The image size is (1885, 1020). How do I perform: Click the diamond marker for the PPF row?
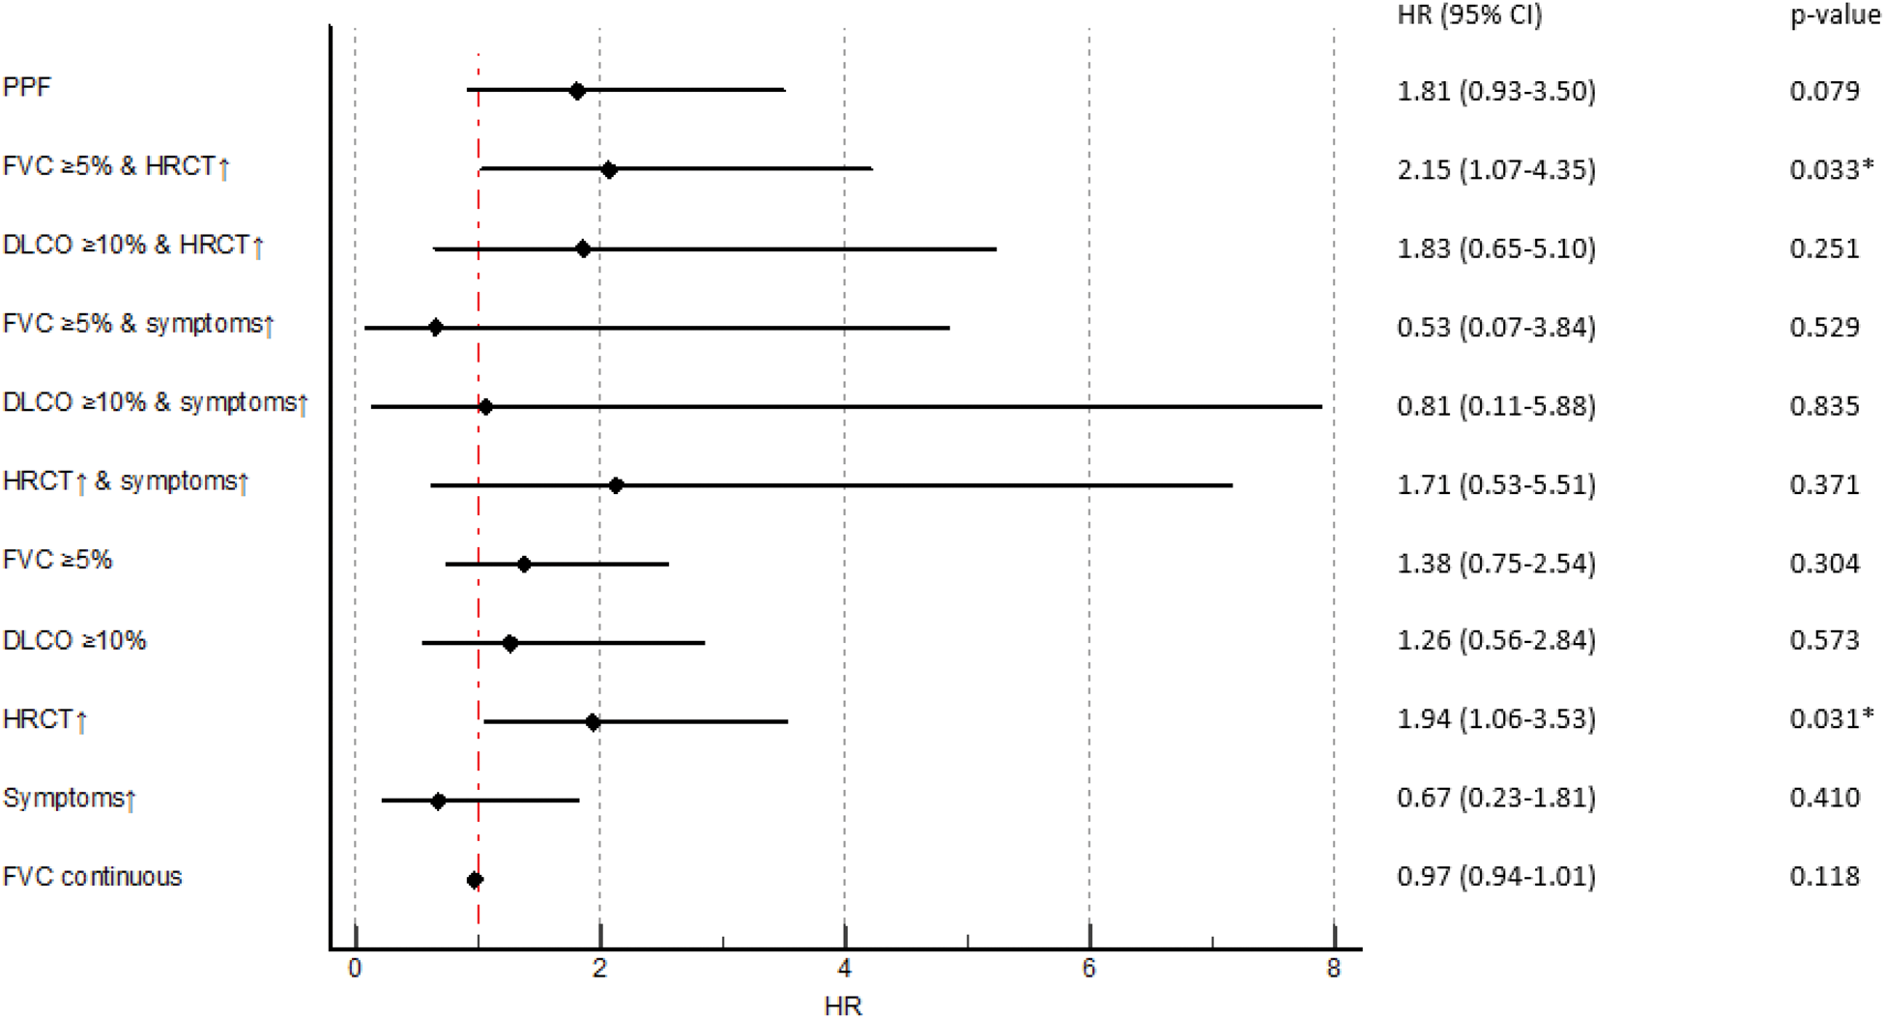pos(577,91)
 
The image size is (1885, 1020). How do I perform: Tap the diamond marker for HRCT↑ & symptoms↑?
pos(616,485)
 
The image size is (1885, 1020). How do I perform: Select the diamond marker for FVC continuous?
pos(475,880)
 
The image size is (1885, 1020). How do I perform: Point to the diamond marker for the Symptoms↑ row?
pos(438,801)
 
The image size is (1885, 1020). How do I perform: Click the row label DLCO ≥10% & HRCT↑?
pos(133,246)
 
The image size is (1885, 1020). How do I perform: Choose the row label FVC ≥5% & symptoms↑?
pos(138,324)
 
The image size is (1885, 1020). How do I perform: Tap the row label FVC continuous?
pos(93,877)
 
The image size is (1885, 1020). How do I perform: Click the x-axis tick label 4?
pos(845,969)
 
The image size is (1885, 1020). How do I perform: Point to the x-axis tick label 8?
pos(1334,969)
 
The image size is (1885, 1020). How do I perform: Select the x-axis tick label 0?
pos(355,969)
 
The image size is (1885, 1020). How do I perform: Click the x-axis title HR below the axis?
pos(843,1006)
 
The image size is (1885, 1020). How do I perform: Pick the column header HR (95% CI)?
pos(1470,15)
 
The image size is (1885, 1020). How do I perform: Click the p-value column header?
pos(1835,15)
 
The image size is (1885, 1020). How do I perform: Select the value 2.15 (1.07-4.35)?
pos(1496,169)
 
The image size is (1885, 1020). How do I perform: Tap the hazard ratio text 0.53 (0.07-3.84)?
pos(1496,327)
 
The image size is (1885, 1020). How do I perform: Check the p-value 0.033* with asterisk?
pos(1831,169)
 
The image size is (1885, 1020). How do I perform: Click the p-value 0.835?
pos(1824,405)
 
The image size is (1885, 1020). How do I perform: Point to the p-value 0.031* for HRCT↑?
pos(1831,718)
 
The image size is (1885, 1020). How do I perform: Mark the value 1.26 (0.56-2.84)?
pos(1496,640)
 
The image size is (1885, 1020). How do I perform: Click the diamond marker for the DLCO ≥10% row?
pos(510,643)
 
